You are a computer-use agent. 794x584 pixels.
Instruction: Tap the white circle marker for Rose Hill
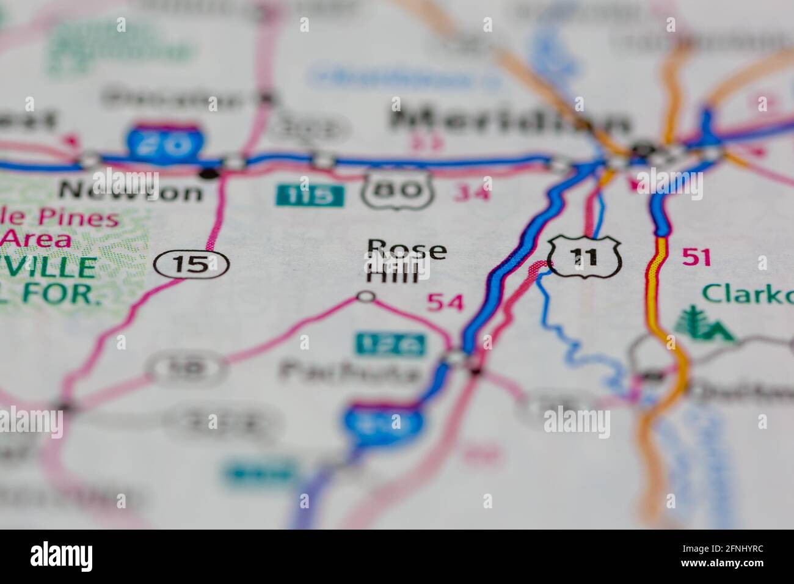point(366,297)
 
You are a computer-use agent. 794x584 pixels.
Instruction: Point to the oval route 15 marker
point(191,265)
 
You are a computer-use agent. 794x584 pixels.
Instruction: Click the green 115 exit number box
point(310,195)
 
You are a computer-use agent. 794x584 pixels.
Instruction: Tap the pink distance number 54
point(445,302)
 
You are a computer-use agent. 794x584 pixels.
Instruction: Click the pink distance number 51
point(696,258)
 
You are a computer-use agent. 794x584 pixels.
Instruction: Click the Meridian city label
point(511,122)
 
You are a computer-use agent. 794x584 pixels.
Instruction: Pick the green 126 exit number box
point(391,345)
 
